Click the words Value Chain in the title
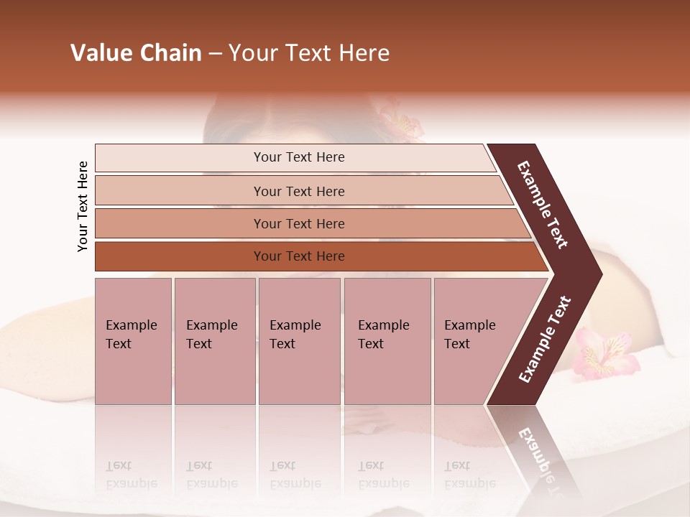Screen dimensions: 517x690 click(x=136, y=53)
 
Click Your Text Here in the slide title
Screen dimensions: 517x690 click(x=309, y=53)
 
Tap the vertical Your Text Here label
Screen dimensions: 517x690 click(x=83, y=206)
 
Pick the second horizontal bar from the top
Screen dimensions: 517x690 click(x=299, y=191)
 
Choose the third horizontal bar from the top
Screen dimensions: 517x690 click(x=299, y=223)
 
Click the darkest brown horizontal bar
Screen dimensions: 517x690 click(x=299, y=256)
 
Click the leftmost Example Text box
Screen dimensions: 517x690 click(x=133, y=340)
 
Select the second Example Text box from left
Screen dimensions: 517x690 click(x=214, y=340)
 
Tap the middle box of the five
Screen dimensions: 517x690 click(x=299, y=340)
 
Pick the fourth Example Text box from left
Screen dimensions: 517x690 click(x=387, y=340)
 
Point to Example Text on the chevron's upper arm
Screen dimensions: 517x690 click(x=543, y=205)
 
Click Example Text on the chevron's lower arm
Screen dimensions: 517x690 click(x=544, y=340)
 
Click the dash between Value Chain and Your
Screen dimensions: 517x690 click(x=215, y=54)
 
